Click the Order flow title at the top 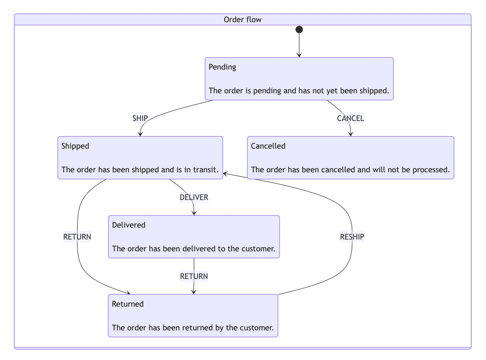click(243, 20)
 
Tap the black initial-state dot click(299, 30)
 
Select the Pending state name click(222, 67)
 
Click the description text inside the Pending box click(299, 91)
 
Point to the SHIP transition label click(140, 119)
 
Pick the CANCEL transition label click(350, 119)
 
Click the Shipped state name click(75, 146)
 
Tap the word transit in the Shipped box click(205, 170)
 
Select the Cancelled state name click(268, 146)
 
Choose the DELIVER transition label click(194, 198)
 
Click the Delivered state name click(129, 225)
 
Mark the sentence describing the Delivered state click(194, 249)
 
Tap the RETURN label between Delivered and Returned click(194, 277)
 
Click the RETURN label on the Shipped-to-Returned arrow click(77, 237)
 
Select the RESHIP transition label click(352, 237)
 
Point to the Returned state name click(128, 304)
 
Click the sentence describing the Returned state click(193, 328)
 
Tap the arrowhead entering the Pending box click(299, 55)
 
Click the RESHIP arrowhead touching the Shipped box click(225, 173)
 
